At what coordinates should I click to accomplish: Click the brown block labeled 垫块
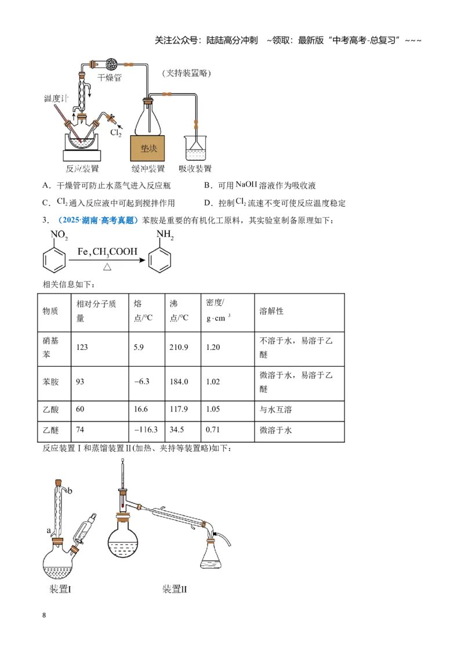pyautogui.click(x=147, y=149)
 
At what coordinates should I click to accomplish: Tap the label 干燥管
pyautogui.click(x=109, y=78)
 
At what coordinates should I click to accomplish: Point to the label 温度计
pyautogui.click(x=56, y=99)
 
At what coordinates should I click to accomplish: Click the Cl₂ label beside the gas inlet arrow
pyautogui.click(x=115, y=133)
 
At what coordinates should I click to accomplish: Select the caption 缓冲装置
pyautogui.click(x=148, y=168)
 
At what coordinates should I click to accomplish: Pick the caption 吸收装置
pyautogui.click(x=195, y=168)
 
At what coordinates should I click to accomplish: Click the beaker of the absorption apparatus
pyautogui.click(x=195, y=148)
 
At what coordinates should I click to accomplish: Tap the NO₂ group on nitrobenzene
pyautogui.click(x=59, y=235)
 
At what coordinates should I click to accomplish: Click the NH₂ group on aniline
pyautogui.click(x=165, y=234)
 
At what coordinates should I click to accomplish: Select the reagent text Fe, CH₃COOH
pyautogui.click(x=107, y=252)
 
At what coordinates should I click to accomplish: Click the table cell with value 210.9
pyautogui.click(x=179, y=347)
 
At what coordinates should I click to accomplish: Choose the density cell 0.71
pyautogui.click(x=213, y=430)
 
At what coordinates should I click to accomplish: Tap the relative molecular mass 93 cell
pyautogui.click(x=80, y=382)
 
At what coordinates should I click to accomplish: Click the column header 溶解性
pyautogui.click(x=271, y=311)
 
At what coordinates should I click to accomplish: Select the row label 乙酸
pyautogui.click(x=50, y=409)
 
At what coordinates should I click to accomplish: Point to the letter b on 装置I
pyautogui.click(x=70, y=490)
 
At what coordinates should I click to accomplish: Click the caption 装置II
pyautogui.click(x=175, y=589)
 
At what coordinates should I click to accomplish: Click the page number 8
pyautogui.click(x=44, y=615)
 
